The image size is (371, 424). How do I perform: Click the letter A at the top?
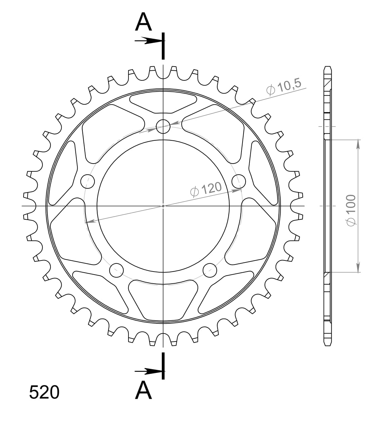144,22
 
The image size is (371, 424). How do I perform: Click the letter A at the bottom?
144,390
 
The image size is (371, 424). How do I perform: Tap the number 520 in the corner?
44,392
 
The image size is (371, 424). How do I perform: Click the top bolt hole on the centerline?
163,126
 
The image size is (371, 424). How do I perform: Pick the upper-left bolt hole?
88,181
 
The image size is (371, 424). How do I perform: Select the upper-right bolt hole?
238,181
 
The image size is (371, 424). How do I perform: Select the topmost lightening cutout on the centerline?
163,103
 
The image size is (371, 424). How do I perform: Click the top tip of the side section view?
328,67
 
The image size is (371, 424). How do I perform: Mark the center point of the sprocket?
163,206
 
